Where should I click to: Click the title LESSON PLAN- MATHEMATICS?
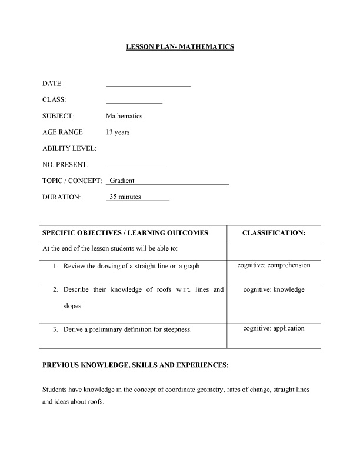click(180, 46)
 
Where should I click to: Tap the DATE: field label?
click(53, 84)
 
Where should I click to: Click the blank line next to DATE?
click(148, 86)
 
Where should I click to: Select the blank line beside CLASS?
click(134, 102)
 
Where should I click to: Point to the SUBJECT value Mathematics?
click(124, 116)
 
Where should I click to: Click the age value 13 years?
click(118, 132)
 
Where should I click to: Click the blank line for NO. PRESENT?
click(136, 167)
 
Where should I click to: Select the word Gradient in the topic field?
click(122, 181)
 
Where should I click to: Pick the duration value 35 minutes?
click(125, 197)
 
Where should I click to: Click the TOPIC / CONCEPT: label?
click(72, 181)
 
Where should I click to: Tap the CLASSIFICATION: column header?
click(274, 233)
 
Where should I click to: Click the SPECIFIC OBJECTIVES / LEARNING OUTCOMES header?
click(125, 233)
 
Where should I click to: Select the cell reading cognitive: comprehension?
click(274, 265)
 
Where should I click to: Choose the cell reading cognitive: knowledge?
click(274, 290)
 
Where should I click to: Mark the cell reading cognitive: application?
click(274, 328)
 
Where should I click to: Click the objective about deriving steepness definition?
click(128, 329)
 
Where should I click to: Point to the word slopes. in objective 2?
click(74, 306)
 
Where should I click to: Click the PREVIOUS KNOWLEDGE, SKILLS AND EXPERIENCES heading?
click(135, 365)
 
